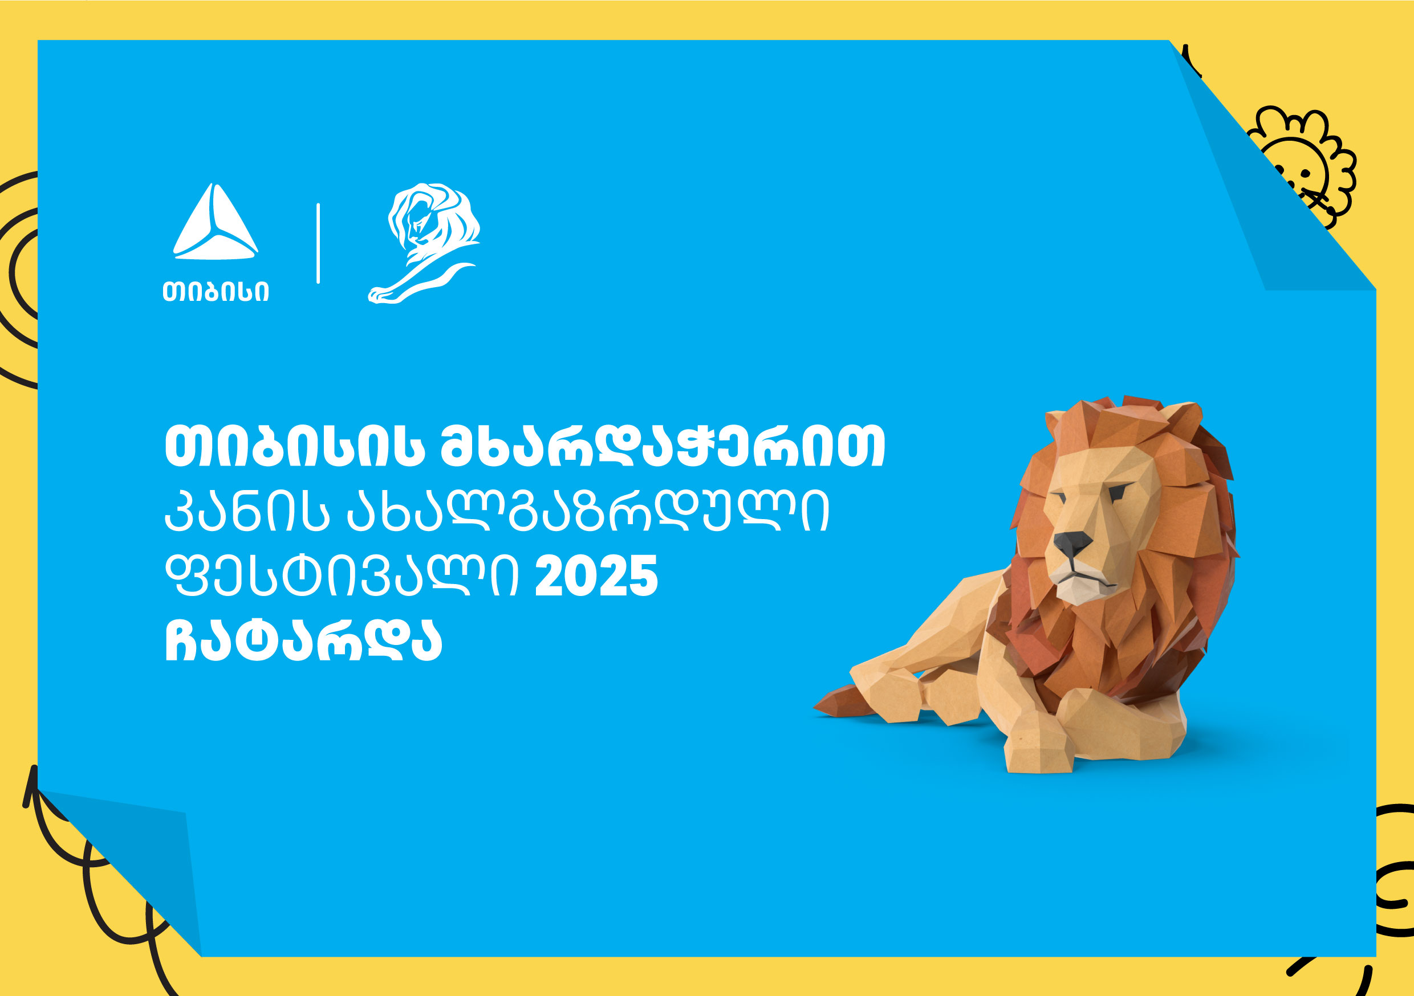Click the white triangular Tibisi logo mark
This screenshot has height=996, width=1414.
(215, 222)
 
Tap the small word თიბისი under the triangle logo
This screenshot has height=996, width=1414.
(216, 292)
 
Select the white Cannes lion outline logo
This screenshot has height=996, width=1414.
(424, 243)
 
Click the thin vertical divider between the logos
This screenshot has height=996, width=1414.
(318, 243)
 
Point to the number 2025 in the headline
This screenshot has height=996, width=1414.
(596, 576)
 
